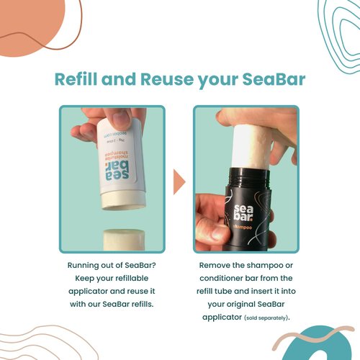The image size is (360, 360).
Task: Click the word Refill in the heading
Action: point(76,79)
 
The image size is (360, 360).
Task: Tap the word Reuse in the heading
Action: point(167,79)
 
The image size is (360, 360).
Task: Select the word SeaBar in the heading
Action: point(274,79)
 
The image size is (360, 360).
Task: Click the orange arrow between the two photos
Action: point(179,181)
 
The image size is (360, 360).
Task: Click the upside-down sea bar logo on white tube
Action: point(117,171)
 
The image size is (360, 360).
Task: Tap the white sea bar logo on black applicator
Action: point(243,212)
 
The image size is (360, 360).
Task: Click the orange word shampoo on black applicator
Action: point(242,227)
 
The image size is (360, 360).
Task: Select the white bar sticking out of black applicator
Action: point(253,146)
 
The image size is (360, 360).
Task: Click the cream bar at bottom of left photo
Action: point(124,240)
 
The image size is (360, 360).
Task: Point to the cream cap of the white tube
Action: point(124,199)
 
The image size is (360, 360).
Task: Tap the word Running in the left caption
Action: point(83,266)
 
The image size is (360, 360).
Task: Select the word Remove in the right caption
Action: point(215,265)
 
